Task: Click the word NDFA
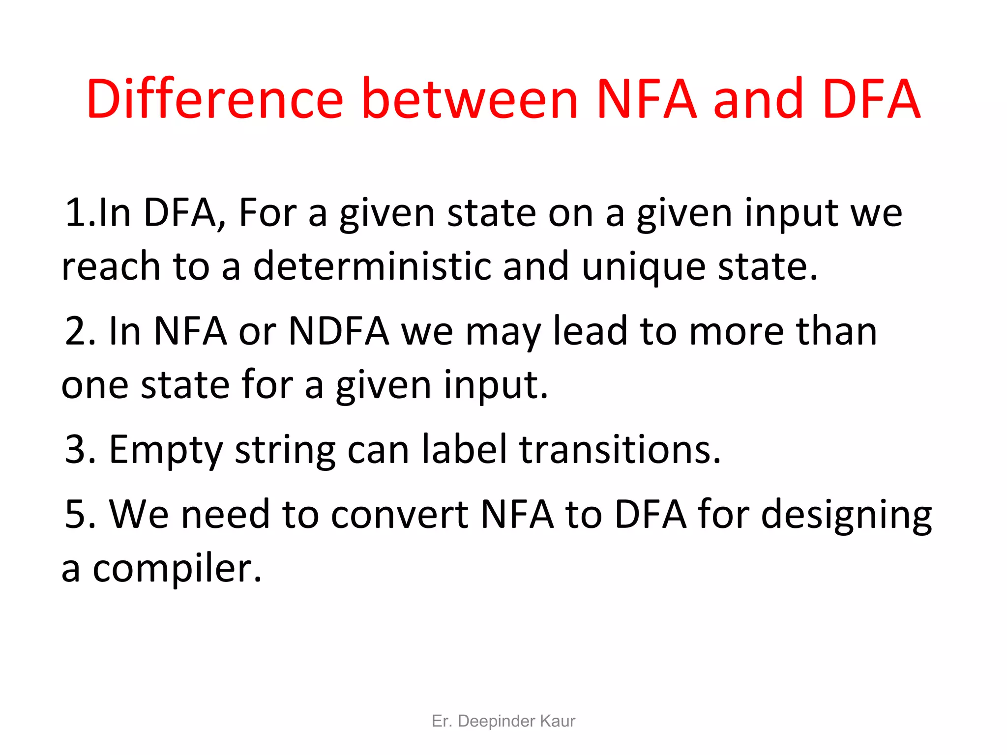(x=339, y=331)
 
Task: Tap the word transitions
(x=621, y=450)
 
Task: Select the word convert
(x=400, y=515)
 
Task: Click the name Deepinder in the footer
(x=496, y=721)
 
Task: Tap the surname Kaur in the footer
(x=558, y=721)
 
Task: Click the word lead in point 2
(x=591, y=331)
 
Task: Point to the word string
(x=285, y=451)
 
